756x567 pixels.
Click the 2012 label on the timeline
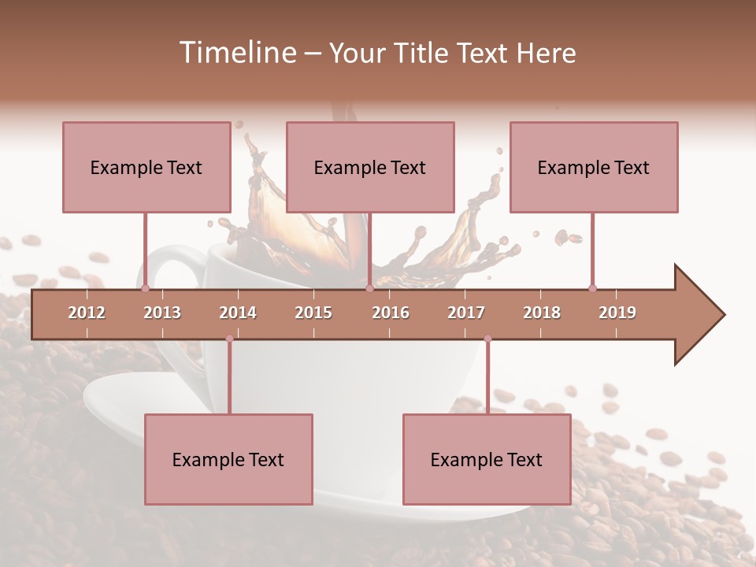pyautogui.click(x=87, y=313)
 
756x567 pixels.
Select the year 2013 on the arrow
pyautogui.click(x=162, y=313)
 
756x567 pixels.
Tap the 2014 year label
pyautogui.click(x=238, y=313)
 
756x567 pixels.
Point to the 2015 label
pyautogui.click(x=313, y=313)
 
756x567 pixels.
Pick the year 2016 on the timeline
pyautogui.click(x=391, y=313)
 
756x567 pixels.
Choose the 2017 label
pyautogui.click(x=466, y=313)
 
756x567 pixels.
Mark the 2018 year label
pyautogui.click(x=542, y=313)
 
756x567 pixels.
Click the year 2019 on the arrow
pyautogui.click(x=617, y=313)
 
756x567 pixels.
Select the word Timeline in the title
pyautogui.click(x=236, y=53)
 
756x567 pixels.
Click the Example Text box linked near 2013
pyautogui.click(x=146, y=167)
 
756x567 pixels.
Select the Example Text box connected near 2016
pyautogui.click(x=370, y=167)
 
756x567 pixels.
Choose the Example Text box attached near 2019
pyautogui.click(x=594, y=167)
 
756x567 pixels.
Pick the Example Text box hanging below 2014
pyautogui.click(x=228, y=459)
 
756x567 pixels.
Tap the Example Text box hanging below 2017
pyautogui.click(x=487, y=459)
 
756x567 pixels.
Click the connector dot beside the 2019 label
pyautogui.click(x=592, y=288)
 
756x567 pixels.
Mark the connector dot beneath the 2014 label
pyautogui.click(x=229, y=339)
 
